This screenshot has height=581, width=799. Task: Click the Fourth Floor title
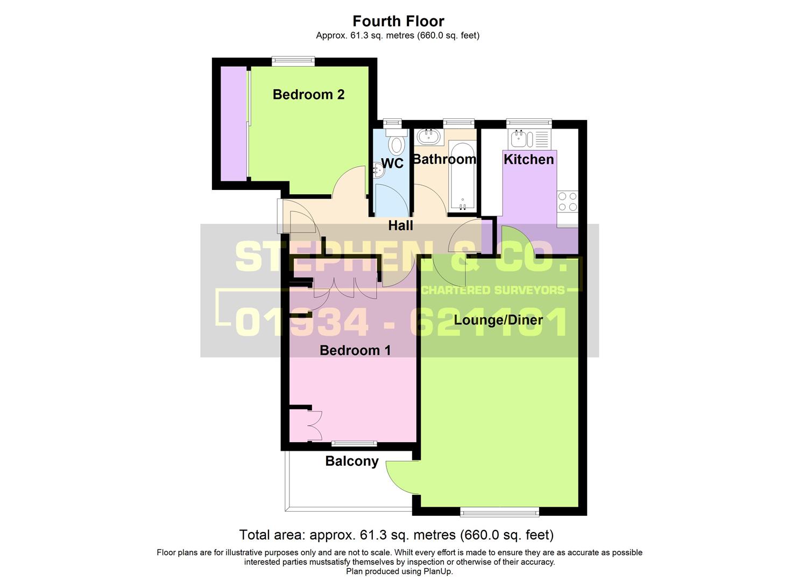point(398,21)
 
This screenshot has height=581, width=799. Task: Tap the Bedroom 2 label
point(308,95)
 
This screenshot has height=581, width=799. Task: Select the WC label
point(392,164)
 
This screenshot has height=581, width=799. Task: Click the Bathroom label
point(444,159)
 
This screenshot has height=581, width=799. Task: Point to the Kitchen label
point(528,159)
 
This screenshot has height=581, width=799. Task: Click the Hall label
point(401,225)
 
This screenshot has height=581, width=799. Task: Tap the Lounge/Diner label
point(498,320)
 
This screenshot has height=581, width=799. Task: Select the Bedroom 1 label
point(355,350)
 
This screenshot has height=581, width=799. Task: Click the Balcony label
point(352,461)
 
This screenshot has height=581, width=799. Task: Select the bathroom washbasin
point(429,136)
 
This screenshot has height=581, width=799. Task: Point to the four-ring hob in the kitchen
point(568,202)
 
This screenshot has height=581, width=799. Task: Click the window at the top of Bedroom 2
point(293,61)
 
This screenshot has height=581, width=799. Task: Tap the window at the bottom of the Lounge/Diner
point(499,512)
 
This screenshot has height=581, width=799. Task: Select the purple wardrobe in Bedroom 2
point(234,124)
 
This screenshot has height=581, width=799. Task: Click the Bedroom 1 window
point(353,444)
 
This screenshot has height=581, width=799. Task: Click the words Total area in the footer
point(272,535)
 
